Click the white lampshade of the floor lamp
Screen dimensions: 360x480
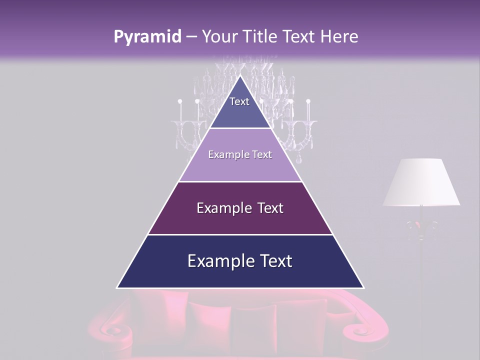pyautogui.click(x=421, y=182)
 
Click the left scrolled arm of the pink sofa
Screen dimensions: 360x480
pyautogui.click(x=112, y=330)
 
